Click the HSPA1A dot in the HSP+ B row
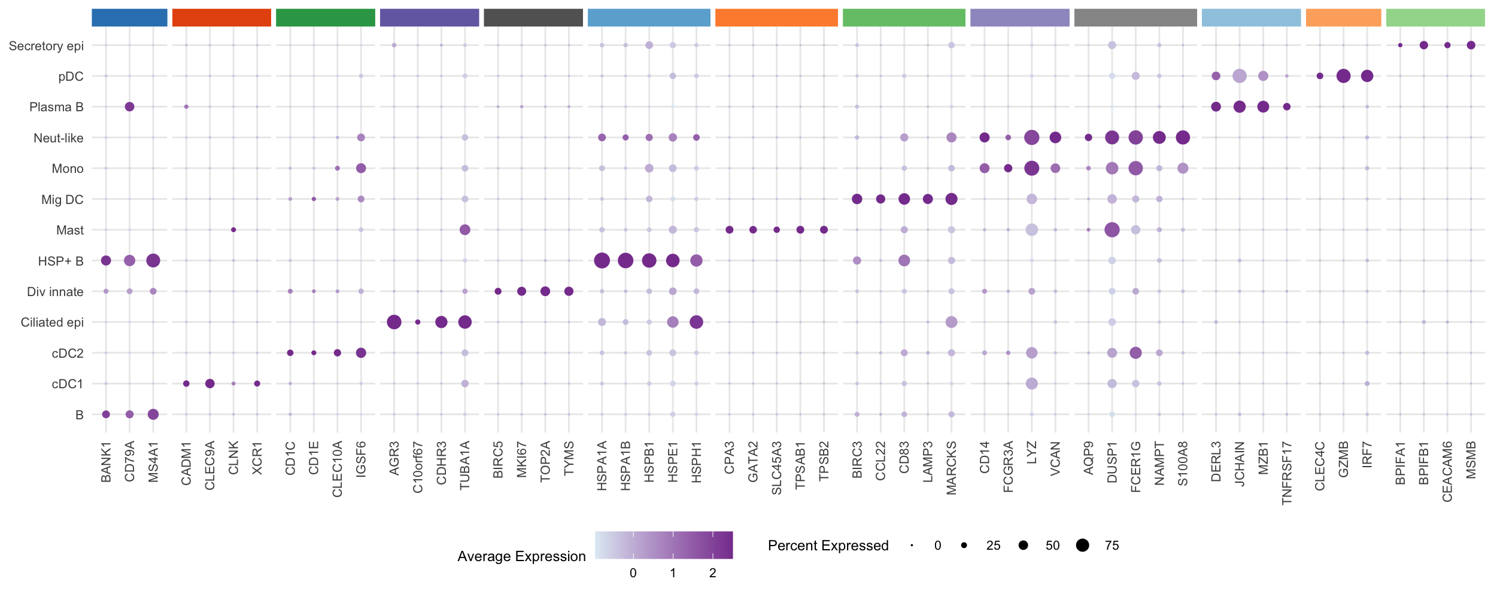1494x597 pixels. [x=602, y=260]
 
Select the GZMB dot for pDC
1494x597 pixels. [x=1343, y=76]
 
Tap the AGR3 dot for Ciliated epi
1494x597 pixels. [x=394, y=322]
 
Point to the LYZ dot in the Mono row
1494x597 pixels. [x=1031, y=168]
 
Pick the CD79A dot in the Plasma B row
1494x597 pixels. [x=129, y=106]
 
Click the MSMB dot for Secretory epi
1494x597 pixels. [x=1471, y=45]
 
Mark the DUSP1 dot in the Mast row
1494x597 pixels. [x=1112, y=230]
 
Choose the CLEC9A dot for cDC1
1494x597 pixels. [x=209, y=383]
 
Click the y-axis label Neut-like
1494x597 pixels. [x=58, y=138]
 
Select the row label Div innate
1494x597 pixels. [x=55, y=292]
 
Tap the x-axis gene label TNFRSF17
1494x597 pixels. [x=1287, y=473]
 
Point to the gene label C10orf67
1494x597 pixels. [x=418, y=467]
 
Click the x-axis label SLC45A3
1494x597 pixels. [x=776, y=468]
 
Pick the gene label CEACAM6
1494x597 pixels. [x=1447, y=471]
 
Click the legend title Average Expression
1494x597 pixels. [x=521, y=556]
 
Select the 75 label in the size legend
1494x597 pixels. [x=1112, y=546]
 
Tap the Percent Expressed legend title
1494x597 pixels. [x=828, y=546]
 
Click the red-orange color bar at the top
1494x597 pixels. [x=221, y=17]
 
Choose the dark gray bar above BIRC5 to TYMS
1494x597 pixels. [x=533, y=17]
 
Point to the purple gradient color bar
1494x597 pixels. [x=664, y=545]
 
